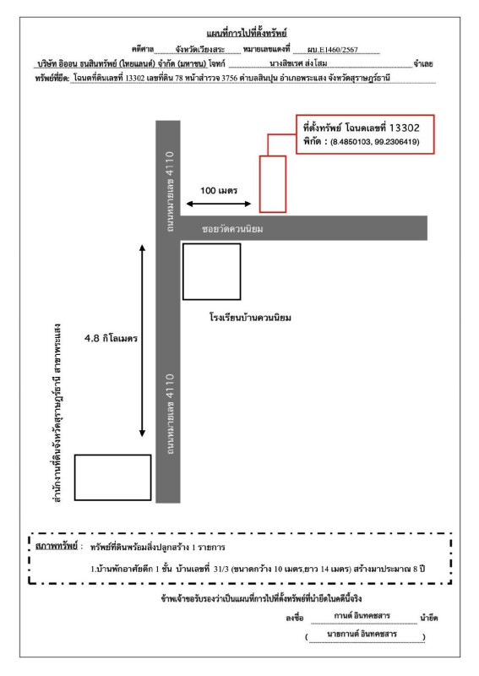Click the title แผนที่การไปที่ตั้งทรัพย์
point(247,33)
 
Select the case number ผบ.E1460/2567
point(332,50)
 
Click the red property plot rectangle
point(273,184)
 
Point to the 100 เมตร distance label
point(219,191)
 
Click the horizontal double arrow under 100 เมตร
point(219,204)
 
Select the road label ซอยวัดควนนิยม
point(232,228)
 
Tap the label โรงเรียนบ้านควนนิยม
point(251,318)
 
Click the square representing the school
point(212,271)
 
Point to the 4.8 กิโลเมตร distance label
point(111,338)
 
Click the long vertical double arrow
point(142,341)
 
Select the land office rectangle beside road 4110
point(113,477)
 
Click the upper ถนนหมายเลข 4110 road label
point(170,192)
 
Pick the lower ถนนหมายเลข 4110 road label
point(170,414)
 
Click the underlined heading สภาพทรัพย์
point(57,546)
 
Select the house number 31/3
point(221,569)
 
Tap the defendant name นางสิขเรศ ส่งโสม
point(298,63)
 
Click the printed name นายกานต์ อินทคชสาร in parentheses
point(362,635)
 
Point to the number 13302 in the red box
point(405,128)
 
